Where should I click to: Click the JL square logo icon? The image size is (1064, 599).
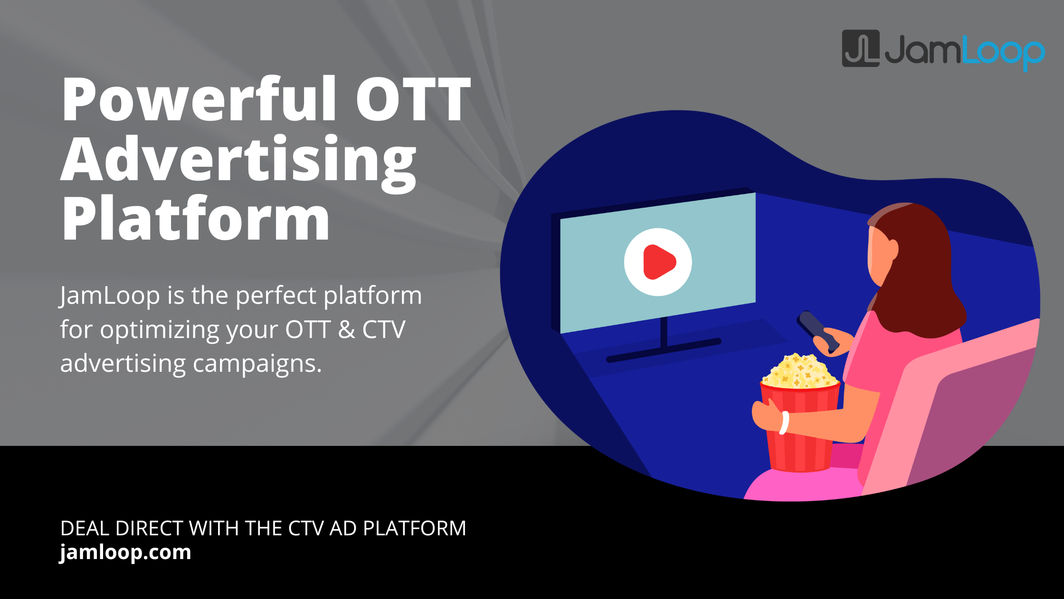click(x=860, y=48)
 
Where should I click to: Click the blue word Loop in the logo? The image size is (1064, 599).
click(x=1002, y=52)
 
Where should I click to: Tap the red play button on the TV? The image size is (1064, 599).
click(x=658, y=262)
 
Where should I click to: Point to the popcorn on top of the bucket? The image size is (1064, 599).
click(x=800, y=371)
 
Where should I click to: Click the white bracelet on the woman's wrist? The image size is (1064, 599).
click(x=784, y=423)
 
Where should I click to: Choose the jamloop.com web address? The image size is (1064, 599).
click(x=125, y=552)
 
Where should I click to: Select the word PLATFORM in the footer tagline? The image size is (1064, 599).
click(x=414, y=529)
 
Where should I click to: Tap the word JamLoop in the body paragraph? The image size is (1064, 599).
click(x=110, y=296)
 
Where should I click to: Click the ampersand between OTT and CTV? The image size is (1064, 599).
click(x=346, y=330)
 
